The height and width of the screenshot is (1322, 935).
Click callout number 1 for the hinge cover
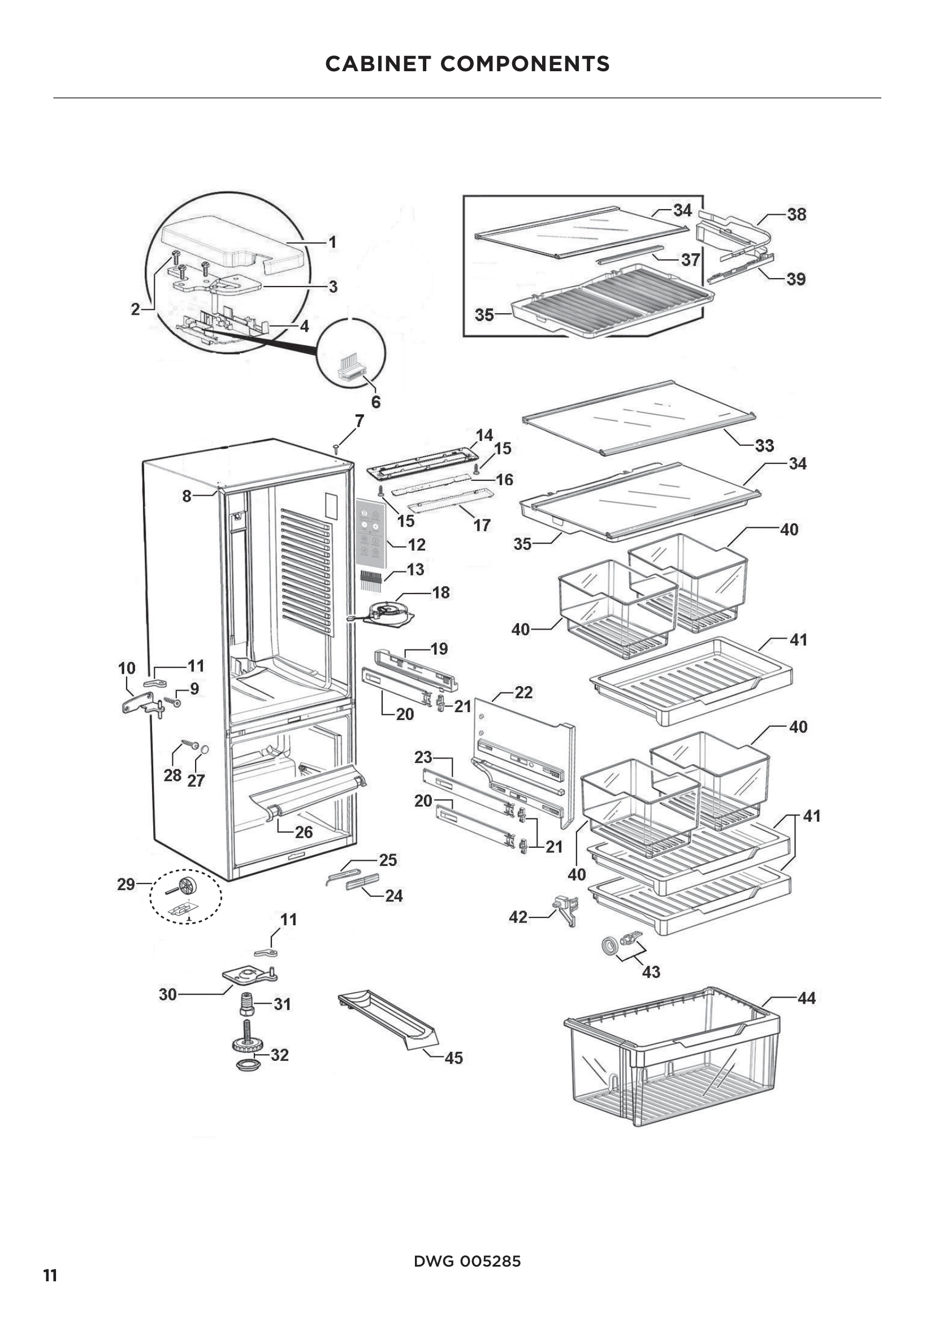click(332, 242)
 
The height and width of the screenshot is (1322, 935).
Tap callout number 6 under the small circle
click(375, 402)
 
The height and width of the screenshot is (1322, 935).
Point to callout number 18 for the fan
click(441, 592)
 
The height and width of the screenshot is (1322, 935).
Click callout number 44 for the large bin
click(806, 998)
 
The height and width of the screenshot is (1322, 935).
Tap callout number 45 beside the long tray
click(454, 1057)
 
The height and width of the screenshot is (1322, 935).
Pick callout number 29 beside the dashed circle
click(126, 884)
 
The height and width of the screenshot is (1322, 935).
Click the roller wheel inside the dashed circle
click(188, 886)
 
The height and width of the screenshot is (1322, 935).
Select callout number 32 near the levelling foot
click(279, 1055)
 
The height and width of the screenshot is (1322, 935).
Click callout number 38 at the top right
click(797, 215)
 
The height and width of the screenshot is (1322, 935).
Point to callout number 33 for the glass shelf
click(764, 445)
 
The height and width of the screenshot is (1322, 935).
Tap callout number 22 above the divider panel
click(523, 693)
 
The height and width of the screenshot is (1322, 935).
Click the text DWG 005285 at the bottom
click(467, 1262)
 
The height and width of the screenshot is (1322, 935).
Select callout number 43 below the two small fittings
click(651, 972)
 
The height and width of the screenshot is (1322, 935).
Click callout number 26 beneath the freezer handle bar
click(304, 832)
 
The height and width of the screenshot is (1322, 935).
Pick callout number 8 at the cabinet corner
click(187, 496)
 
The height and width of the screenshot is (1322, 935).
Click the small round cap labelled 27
click(204, 749)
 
